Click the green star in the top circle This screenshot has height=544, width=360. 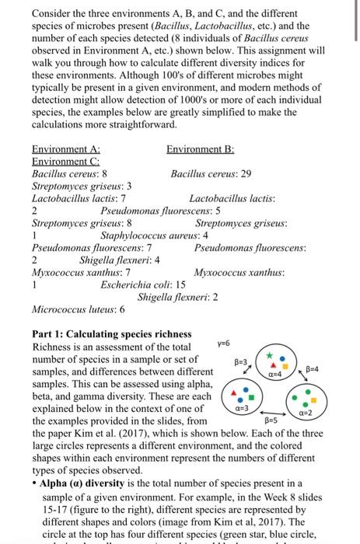tap(270, 354)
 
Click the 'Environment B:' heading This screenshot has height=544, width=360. tap(201, 149)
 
